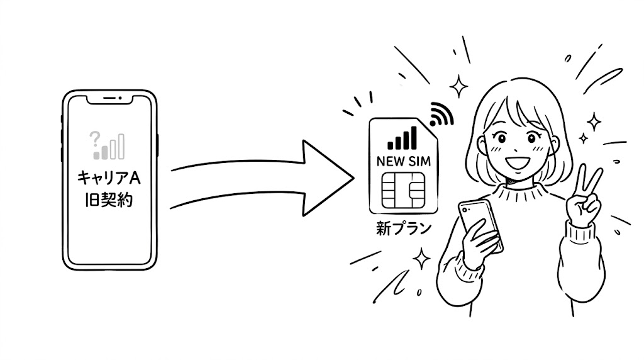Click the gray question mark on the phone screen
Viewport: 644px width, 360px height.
pyautogui.click(x=94, y=139)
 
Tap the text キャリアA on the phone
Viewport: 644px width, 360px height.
pyautogui.click(x=109, y=179)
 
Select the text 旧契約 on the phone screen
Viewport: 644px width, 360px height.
pyautogui.click(x=109, y=200)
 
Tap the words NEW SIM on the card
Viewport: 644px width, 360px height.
pyautogui.click(x=404, y=162)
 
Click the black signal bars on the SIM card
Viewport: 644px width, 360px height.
pyautogui.click(x=402, y=138)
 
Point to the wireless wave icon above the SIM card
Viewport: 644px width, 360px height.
pyautogui.click(x=440, y=115)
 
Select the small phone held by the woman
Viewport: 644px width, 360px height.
pyautogui.click(x=480, y=224)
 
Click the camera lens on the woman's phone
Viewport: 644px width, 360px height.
pyautogui.click(x=465, y=210)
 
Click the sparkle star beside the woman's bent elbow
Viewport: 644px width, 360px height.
pyautogui.click(x=421, y=259)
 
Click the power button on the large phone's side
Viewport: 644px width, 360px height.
pyautogui.click(x=157, y=145)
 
